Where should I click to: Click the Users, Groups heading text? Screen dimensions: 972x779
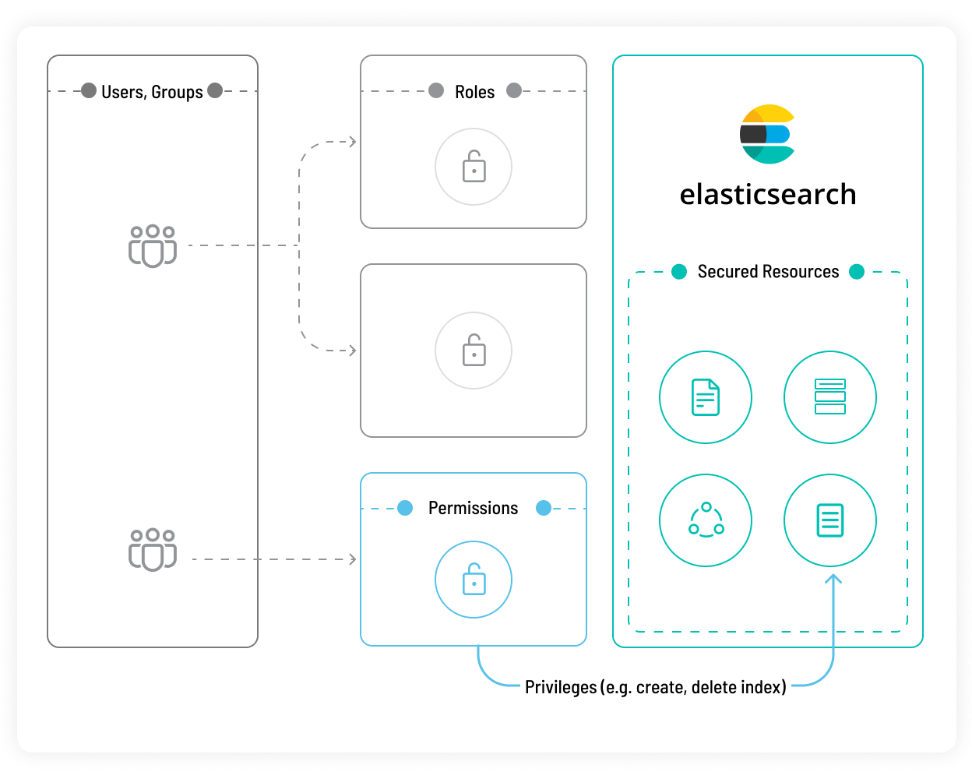(x=152, y=92)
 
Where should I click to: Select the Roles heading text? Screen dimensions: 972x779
(x=474, y=92)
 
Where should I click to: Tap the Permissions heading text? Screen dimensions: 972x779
(x=473, y=508)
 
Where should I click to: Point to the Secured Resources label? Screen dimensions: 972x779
(x=768, y=272)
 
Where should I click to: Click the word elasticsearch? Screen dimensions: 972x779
(x=767, y=194)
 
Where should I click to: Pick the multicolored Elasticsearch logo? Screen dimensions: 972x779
(x=766, y=134)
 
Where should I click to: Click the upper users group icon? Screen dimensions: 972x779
(x=152, y=246)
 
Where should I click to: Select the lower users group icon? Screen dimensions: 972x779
(x=152, y=549)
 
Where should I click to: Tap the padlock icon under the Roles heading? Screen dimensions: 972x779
(x=474, y=166)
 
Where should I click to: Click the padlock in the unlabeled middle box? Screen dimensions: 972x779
(x=474, y=351)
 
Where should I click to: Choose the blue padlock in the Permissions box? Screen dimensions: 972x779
(x=474, y=579)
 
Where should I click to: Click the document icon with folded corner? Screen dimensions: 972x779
(x=705, y=397)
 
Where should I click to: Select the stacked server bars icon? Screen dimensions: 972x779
(x=829, y=397)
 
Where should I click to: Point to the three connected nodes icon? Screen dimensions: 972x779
(x=706, y=520)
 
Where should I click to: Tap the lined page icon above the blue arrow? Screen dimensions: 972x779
(x=829, y=520)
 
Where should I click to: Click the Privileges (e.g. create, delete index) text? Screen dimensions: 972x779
(x=655, y=687)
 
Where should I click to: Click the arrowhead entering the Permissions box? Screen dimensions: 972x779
(x=353, y=559)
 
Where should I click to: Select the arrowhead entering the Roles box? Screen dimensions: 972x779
(x=353, y=142)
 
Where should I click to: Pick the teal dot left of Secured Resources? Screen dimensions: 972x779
(x=679, y=272)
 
